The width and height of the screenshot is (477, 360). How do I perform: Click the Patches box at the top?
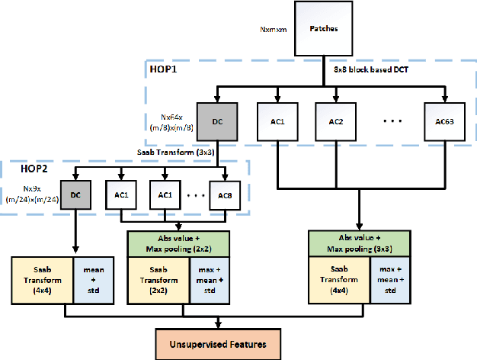tap(322, 30)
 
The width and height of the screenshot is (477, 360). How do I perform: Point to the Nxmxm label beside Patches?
tap(271, 31)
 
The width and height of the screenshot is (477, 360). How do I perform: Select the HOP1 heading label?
tap(163, 69)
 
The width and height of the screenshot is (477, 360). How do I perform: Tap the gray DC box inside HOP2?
tap(76, 194)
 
